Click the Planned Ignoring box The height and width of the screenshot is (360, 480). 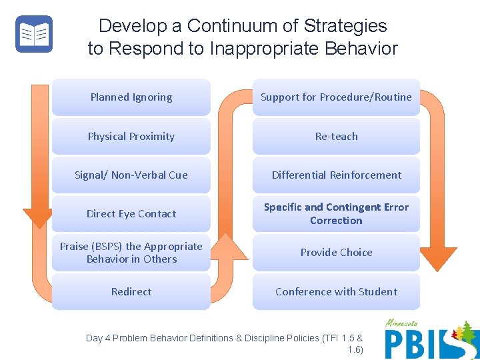131,97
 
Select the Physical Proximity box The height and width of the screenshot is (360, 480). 131,136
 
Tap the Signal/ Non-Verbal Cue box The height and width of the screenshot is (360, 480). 131,175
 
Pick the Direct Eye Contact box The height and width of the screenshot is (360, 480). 131,213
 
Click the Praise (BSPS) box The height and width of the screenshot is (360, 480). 131,253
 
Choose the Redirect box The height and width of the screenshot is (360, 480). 131,291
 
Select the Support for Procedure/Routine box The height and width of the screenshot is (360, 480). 336,97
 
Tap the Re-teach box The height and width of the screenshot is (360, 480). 336,136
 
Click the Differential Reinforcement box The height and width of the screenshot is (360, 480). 336,175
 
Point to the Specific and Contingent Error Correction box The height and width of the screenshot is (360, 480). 336,213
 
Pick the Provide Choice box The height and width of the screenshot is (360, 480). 336,253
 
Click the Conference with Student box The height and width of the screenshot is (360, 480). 336,291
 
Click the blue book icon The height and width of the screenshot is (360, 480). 34,34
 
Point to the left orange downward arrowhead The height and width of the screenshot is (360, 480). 37,217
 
